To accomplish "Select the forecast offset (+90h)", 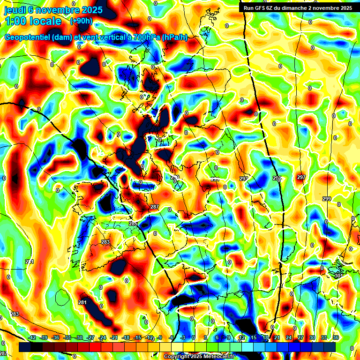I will click(81, 21).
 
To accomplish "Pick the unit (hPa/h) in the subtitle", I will click(175, 37).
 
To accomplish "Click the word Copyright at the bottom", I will click(176, 356).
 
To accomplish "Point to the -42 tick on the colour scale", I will click(32, 337).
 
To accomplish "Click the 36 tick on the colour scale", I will click(336, 337).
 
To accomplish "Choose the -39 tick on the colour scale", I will click(44, 337).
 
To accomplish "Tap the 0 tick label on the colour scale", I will click(194, 337).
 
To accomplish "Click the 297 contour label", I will click(301, 177).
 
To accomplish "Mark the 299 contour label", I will click(326, 199).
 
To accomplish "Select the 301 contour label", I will click(338, 276).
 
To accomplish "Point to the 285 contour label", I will click(134, 224).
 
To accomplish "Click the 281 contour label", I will click(82, 302).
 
